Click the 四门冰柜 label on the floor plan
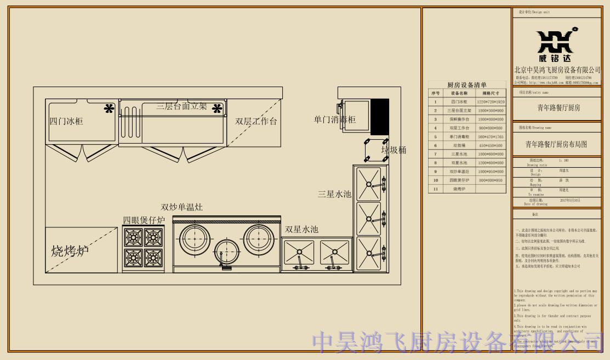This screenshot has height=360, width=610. [x=66, y=121]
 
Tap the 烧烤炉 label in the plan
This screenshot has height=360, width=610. [x=70, y=252]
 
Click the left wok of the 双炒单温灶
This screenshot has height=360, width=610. [x=195, y=238]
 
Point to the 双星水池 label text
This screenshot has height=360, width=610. [x=301, y=230]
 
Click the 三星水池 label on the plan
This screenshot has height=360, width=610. [x=334, y=194]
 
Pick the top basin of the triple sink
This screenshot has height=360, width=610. [x=368, y=181]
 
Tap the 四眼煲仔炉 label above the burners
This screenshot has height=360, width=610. [x=144, y=220]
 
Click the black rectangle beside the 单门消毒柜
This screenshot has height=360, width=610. [x=380, y=117]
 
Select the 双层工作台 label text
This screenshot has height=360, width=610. [x=256, y=121]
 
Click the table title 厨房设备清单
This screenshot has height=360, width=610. [x=467, y=85]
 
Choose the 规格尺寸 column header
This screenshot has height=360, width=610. [x=491, y=93]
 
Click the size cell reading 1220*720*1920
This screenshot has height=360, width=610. [x=491, y=102]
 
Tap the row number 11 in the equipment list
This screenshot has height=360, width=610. [x=436, y=188]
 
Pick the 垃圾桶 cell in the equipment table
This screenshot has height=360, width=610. [x=459, y=145]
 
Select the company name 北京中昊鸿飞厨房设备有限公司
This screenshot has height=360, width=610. [x=557, y=70]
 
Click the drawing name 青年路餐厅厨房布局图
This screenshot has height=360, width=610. [x=556, y=145]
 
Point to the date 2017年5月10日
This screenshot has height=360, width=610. [x=569, y=201]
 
